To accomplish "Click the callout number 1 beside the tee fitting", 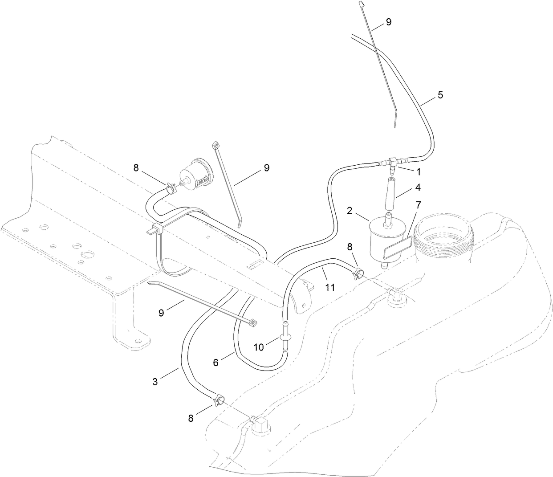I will (418, 171).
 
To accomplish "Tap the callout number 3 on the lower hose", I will (155, 382).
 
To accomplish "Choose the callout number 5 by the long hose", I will (440, 95).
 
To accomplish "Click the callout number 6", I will (216, 363).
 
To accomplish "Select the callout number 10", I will (259, 347).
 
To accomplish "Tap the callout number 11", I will (329, 288).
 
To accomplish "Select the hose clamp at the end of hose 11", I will (359, 272).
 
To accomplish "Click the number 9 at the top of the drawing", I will (388, 22).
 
